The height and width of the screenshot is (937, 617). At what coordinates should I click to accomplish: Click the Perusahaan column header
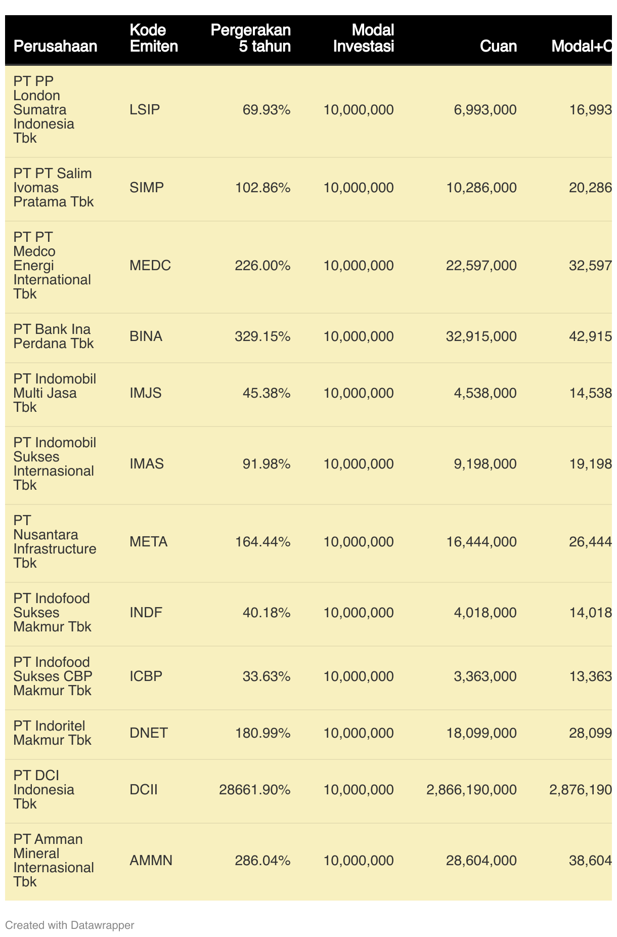click(55, 46)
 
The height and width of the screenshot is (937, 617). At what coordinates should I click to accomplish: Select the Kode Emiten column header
click(154, 38)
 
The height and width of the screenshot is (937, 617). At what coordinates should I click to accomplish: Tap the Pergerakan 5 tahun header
click(251, 38)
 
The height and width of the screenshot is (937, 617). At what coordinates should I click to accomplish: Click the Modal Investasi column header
click(364, 38)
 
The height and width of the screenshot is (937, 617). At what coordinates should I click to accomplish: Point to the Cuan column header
click(498, 46)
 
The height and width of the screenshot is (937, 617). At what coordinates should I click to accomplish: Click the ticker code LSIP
click(145, 110)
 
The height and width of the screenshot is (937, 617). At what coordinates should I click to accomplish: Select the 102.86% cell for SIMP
click(263, 188)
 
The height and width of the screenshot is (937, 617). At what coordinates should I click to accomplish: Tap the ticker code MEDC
click(150, 266)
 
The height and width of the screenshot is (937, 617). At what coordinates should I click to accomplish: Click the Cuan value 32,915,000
click(481, 336)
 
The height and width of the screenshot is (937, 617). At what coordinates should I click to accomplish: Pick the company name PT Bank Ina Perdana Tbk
click(54, 336)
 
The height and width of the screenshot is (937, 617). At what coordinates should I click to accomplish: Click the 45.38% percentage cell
click(267, 393)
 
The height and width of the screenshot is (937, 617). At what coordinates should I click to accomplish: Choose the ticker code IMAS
click(147, 464)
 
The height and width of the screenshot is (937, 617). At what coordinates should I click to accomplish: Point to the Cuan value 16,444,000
click(481, 542)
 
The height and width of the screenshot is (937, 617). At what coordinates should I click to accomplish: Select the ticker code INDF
click(146, 613)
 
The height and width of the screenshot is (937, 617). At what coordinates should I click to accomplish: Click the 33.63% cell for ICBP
click(267, 676)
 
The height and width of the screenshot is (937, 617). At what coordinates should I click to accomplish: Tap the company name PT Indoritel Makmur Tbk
click(52, 733)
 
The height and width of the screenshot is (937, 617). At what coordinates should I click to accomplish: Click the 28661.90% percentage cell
click(255, 790)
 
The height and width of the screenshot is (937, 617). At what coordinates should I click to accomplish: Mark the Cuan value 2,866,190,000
click(472, 790)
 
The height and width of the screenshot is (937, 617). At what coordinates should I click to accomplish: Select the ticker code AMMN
click(151, 861)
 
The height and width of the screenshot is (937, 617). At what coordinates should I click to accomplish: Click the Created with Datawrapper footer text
click(70, 925)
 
